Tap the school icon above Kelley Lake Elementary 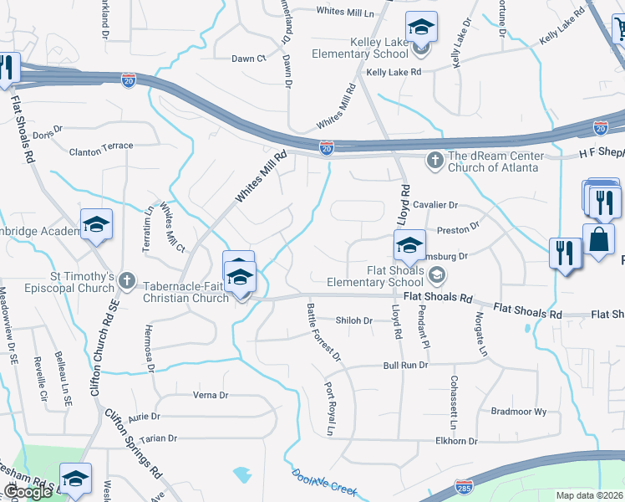[421, 28]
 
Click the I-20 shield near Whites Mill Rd [326, 147]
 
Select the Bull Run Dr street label [405, 366]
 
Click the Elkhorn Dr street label [455, 441]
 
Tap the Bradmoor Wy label [518, 412]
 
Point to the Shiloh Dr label [353, 320]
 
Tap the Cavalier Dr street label [437, 204]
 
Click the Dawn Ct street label [248, 59]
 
